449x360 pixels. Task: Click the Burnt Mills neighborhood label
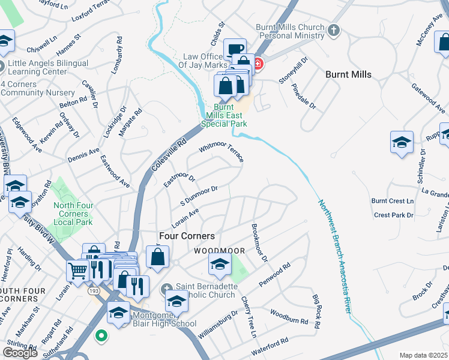coord(348,74)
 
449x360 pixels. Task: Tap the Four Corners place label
coord(186,236)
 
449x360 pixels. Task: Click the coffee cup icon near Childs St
coord(235,48)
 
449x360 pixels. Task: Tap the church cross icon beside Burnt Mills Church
coord(334,29)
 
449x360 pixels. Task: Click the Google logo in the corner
coord(20,353)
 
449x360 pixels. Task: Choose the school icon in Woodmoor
coord(220,263)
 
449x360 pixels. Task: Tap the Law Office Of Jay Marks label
coord(205,61)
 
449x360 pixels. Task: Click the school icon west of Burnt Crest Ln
coord(402,142)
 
